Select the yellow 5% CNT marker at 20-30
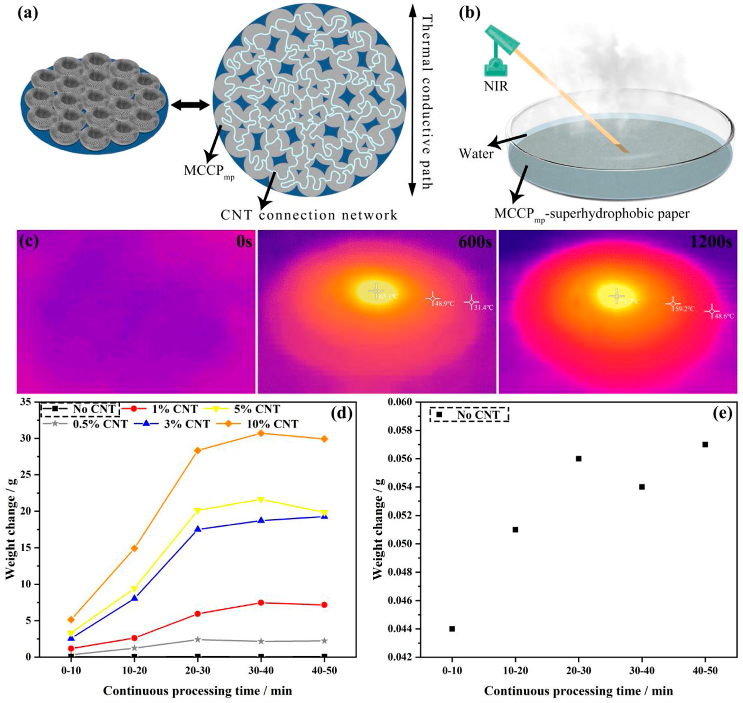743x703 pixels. click(197, 510)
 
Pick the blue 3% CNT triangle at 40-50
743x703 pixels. click(324, 516)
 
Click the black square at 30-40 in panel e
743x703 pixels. click(642, 487)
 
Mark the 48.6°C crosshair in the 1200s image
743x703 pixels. click(711, 311)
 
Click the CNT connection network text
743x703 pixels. click(309, 216)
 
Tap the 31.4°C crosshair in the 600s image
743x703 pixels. click(471, 302)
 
